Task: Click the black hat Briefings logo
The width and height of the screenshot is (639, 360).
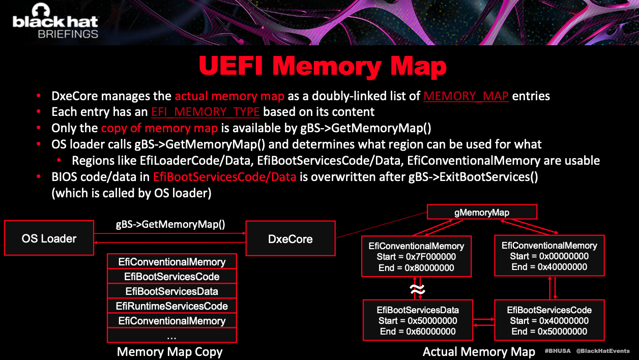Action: point(55,23)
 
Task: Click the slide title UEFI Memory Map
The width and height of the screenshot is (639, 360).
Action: point(323,67)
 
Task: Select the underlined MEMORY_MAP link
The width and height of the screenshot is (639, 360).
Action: point(466,96)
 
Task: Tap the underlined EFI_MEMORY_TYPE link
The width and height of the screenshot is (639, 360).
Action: point(205,112)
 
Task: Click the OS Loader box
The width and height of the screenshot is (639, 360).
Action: point(49,238)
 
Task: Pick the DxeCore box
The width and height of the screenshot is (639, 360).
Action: point(290,238)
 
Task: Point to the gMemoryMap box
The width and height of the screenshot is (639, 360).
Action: point(481,213)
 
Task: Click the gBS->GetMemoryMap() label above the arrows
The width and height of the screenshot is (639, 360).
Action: point(170,224)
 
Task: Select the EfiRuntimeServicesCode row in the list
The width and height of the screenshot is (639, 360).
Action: point(171,306)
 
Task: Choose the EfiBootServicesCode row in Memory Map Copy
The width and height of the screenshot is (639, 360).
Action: point(171,277)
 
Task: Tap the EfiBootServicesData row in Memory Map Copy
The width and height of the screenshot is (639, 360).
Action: point(171,291)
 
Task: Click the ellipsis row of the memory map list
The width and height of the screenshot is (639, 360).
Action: point(171,336)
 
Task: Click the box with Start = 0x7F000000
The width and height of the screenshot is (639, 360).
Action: point(416,257)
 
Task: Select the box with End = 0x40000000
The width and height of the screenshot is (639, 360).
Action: point(549,256)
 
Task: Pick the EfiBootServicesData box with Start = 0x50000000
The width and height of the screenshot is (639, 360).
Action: point(418,320)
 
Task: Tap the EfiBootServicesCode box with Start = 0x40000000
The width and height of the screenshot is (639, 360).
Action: point(549,320)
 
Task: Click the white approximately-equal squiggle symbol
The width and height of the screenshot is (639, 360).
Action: point(417,290)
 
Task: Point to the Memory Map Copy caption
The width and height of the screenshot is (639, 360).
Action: point(169,352)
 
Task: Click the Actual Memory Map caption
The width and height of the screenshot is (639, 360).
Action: point(479,352)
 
